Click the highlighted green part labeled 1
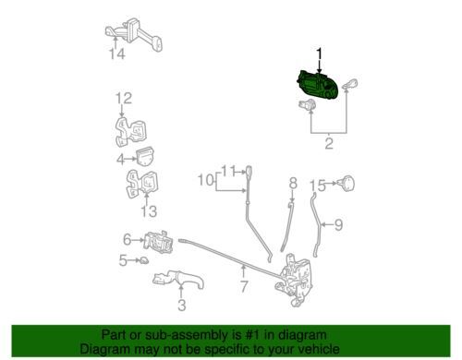click(x=318, y=85)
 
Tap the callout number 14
click(x=117, y=54)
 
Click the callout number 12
click(x=124, y=99)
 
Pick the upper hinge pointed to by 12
click(x=130, y=132)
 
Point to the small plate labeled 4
click(x=145, y=157)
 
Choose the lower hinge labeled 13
click(x=142, y=184)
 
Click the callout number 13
click(x=149, y=211)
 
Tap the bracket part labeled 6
click(x=158, y=242)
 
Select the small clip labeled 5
click(x=144, y=261)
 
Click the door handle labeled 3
click(x=178, y=279)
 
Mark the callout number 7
click(x=244, y=287)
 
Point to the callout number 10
click(x=205, y=180)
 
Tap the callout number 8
click(x=293, y=183)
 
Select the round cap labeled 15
click(x=346, y=184)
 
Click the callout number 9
click(x=338, y=225)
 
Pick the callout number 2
click(x=329, y=144)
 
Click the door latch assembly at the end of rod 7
click(x=295, y=280)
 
